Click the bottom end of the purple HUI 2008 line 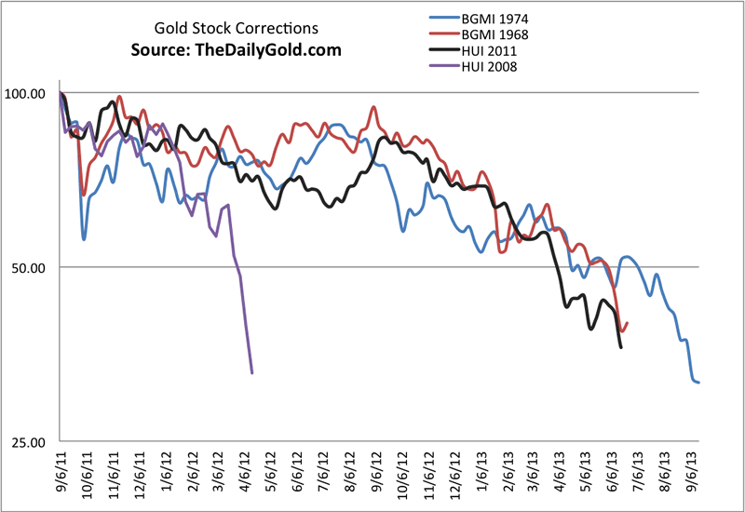(252, 373)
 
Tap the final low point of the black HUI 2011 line (621, 347)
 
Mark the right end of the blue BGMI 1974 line (698, 383)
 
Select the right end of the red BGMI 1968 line (628, 323)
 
